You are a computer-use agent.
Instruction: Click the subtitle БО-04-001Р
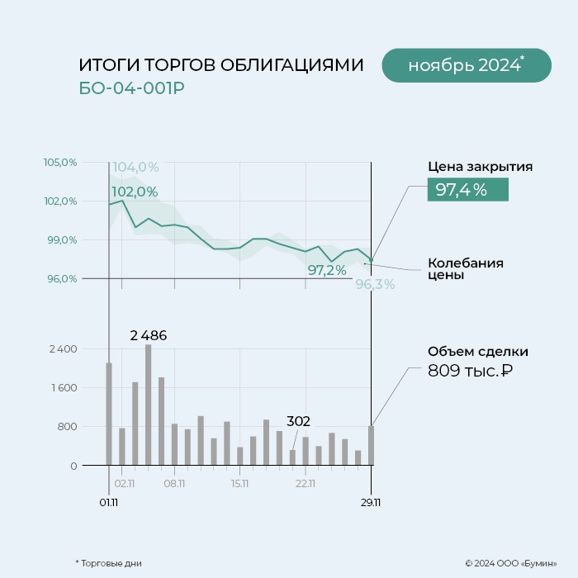point(132,88)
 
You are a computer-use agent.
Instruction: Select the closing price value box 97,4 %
point(467,190)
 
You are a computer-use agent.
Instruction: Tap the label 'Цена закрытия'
point(480,167)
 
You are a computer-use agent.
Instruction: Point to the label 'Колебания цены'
point(465,269)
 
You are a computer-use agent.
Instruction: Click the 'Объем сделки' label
point(477,352)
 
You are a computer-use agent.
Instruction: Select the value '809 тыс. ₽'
point(470,371)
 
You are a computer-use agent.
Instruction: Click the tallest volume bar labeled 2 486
point(149,405)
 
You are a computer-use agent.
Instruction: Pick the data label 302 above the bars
point(299,420)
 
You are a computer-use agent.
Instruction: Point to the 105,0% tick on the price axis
point(60,163)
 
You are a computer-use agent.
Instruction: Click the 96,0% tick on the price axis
point(60,279)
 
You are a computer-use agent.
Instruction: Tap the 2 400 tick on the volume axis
point(63,349)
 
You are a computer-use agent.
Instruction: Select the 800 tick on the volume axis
point(67,427)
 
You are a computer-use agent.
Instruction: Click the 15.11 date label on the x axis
point(240,484)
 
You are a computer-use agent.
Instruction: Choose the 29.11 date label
point(371,501)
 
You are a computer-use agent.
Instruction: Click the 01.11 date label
point(109,501)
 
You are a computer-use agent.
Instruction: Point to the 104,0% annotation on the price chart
point(135,168)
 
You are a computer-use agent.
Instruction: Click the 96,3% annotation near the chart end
point(375,285)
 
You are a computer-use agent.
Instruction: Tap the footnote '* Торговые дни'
point(108,563)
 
